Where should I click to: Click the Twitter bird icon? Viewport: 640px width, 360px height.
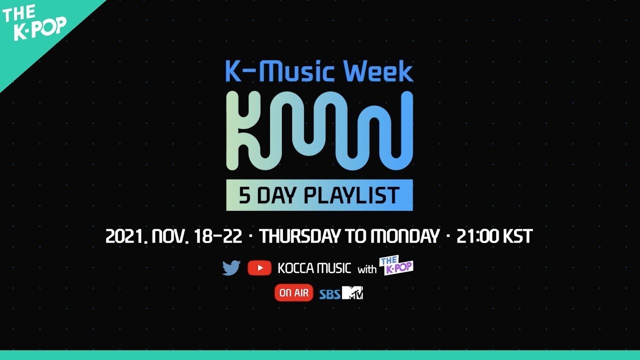tap(231, 267)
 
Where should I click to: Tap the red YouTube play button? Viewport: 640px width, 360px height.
tap(259, 268)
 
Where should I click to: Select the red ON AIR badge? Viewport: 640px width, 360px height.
tap(293, 293)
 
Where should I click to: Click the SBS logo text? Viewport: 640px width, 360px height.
tap(329, 294)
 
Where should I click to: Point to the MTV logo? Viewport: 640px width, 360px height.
tap(352, 292)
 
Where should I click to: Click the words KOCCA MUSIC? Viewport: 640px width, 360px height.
tap(314, 268)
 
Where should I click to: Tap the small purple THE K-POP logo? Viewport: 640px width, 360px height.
tap(396, 265)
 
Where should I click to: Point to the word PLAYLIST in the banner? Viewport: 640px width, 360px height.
tap(351, 195)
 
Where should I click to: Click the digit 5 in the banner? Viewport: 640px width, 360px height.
tap(245, 195)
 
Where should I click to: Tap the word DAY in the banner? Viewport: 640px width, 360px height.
tap(276, 195)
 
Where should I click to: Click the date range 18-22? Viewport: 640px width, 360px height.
tap(217, 236)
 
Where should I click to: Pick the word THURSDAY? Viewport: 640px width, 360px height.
tap(299, 236)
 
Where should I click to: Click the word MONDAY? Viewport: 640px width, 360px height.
tap(405, 236)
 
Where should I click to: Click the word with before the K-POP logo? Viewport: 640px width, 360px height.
tap(367, 269)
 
